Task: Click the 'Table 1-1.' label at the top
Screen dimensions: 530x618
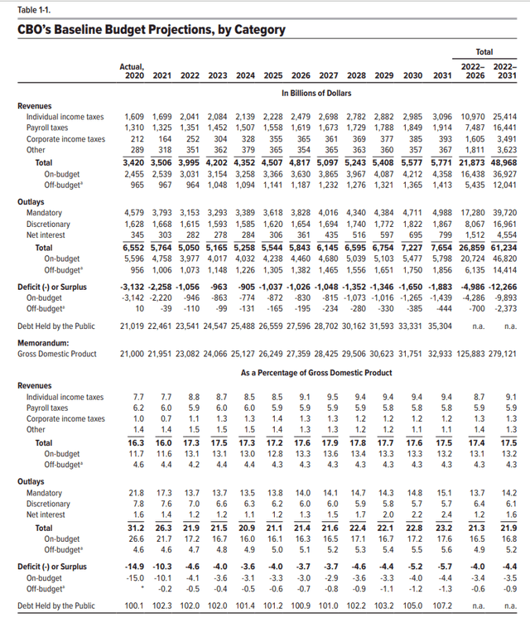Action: pyautogui.click(x=34, y=10)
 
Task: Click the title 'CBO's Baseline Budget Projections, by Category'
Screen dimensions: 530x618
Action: pyautogui.click(x=152, y=30)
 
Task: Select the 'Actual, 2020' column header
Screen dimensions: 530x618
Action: pyautogui.click(x=132, y=71)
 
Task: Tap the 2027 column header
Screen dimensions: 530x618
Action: pyautogui.click(x=329, y=75)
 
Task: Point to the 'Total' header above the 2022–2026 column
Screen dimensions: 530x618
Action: pyautogui.click(x=484, y=51)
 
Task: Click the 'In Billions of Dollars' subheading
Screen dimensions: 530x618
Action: pyautogui.click(x=316, y=93)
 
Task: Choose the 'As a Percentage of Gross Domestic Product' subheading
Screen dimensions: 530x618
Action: pyautogui.click(x=316, y=373)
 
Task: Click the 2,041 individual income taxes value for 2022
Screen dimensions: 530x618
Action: pyautogui.click(x=190, y=117)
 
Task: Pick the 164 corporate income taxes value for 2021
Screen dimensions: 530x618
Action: pyautogui.click(x=165, y=138)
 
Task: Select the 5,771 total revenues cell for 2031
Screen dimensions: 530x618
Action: pyautogui.click(x=441, y=162)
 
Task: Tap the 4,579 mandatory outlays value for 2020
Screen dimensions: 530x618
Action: pyautogui.click(x=134, y=213)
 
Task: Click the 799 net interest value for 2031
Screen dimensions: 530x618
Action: pyautogui.click(x=445, y=235)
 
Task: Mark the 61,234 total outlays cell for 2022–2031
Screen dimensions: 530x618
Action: pyautogui.click(x=503, y=248)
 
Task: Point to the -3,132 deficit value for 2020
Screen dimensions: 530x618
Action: pyautogui.click(x=132, y=287)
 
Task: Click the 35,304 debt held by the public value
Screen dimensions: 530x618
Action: pyautogui.click(x=441, y=326)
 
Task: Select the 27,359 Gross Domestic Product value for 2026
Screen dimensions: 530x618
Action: pyautogui.click(x=298, y=354)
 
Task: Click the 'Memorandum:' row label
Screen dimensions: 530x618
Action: pyautogui.click(x=43, y=343)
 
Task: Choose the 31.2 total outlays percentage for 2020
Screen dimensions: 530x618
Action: pyautogui.click(x=136, y=528)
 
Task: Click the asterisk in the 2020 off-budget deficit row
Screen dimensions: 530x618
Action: pyautogui.click(x=142, y=587)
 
